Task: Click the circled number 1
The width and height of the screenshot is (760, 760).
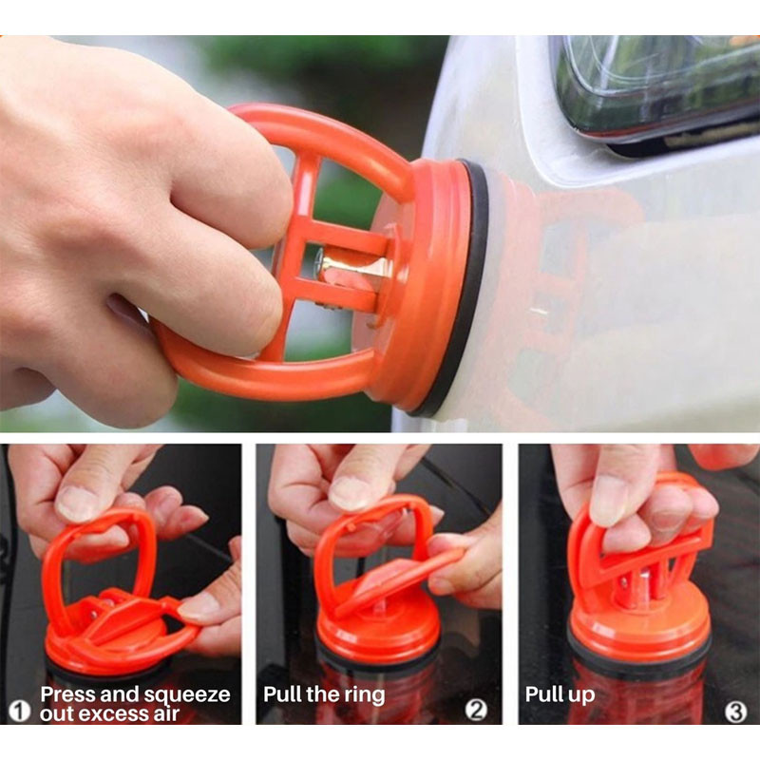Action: pos(20,712)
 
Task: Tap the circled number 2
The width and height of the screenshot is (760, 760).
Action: pos(477,711)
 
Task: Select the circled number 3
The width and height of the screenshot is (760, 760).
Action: pos(735,712)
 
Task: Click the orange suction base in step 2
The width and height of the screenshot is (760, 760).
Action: pos(378,629)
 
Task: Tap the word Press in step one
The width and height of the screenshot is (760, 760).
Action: pos(67,694)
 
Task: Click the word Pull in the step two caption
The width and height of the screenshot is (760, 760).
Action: pos(282,694)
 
